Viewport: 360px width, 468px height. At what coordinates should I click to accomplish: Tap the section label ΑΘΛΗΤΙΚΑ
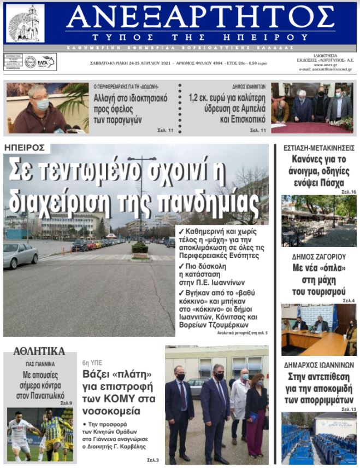39,351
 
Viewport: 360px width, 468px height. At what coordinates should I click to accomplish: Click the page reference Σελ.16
348,192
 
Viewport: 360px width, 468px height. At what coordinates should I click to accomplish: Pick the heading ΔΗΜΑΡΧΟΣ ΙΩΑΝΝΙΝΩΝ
319,365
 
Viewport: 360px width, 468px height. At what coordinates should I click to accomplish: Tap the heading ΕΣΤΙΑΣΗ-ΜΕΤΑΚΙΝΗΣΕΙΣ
319,148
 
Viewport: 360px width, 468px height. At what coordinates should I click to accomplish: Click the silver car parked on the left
20,255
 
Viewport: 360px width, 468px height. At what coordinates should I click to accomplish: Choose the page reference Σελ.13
348,409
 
